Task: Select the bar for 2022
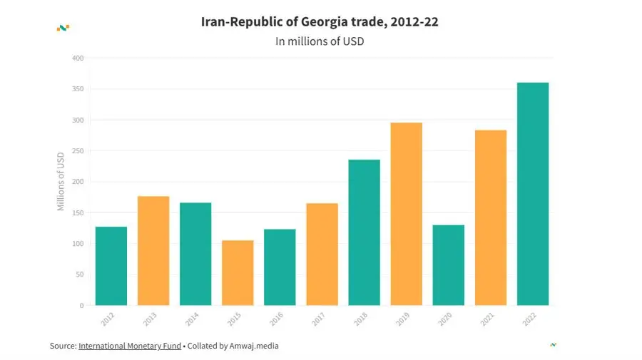[x=533, y=194]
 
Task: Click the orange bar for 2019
[x=406, y=214]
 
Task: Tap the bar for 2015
[x=238, y=272]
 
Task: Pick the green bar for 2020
[x=448, y=265]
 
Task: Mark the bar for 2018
[x=364, y=232]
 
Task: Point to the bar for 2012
[x=111, y=266]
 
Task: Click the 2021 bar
[x=491, y=217]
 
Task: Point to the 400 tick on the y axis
[x=78, y=58]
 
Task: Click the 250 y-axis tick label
[x=78, y=151]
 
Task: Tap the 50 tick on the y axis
[x=79, y=274]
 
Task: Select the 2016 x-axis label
[x=276, y=319]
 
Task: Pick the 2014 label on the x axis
[x=192, y=319]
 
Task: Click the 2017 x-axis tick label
[x=318, y=319]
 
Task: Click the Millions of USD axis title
[x=61, y=181]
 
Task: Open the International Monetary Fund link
[x=129, y=346]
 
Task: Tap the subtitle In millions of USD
[x=320, y=41]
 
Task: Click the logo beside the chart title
[x=63, y=28]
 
